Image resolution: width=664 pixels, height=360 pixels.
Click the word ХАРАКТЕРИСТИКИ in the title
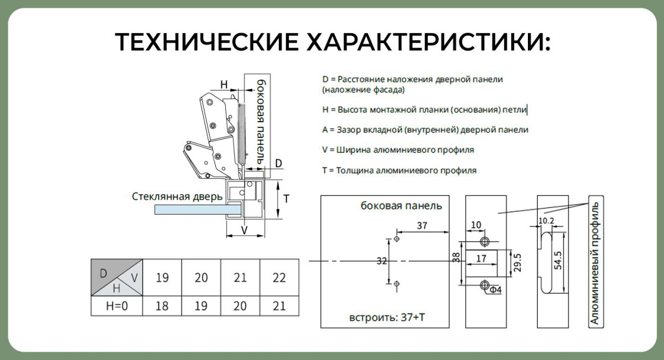click(x=429, y=42)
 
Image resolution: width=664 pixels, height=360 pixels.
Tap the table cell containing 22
click(x=279, y=278)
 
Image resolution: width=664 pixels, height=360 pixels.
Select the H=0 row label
click(x=117, y=306)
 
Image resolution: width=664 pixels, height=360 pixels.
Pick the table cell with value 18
click(x=162, y=306)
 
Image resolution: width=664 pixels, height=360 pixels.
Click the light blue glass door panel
click(x=198, y=210)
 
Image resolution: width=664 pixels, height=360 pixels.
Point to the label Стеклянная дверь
click(x=177, y=197)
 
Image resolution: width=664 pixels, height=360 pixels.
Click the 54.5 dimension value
click(x=558, y=260)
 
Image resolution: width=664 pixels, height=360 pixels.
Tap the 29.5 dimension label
click(x=517, y=263)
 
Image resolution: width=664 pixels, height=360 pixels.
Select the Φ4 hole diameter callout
click(x=495, y=289)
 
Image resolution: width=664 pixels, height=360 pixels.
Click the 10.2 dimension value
click(x=546, y=221)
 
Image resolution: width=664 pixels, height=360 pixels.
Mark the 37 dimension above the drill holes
click(x=422, y=226)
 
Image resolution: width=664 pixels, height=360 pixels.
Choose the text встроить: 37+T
click(x=387, y=317)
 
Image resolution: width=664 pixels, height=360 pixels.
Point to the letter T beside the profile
click(x=287, y=199)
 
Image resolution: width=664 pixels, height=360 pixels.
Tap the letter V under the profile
click(x=244, y=230)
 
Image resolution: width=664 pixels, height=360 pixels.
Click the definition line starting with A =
click(x=426, y=130)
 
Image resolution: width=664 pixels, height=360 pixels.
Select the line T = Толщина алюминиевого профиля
click(x=400, y=171)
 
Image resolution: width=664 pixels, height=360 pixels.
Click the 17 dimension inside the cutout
click(x=481, y=258)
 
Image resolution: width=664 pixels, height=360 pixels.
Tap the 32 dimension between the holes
click(x=382, y=261)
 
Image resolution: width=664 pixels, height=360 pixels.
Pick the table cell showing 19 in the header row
click(x=162, y=278)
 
